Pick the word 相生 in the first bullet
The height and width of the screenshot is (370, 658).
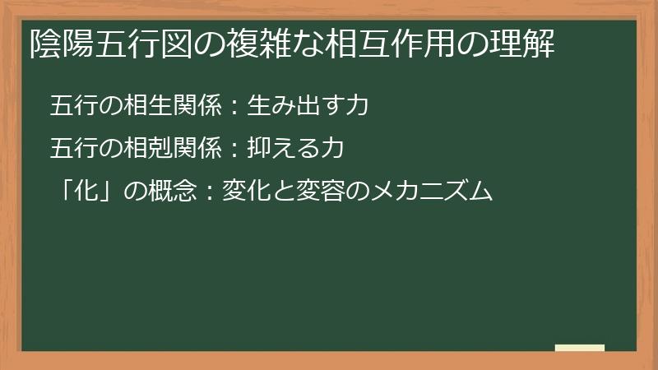tap(141, 106)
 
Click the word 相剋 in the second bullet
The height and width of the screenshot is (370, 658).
tap(141, 149)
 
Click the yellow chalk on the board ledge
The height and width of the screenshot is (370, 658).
tap(580, 348)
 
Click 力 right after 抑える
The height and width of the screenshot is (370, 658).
tap(331, 149)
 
